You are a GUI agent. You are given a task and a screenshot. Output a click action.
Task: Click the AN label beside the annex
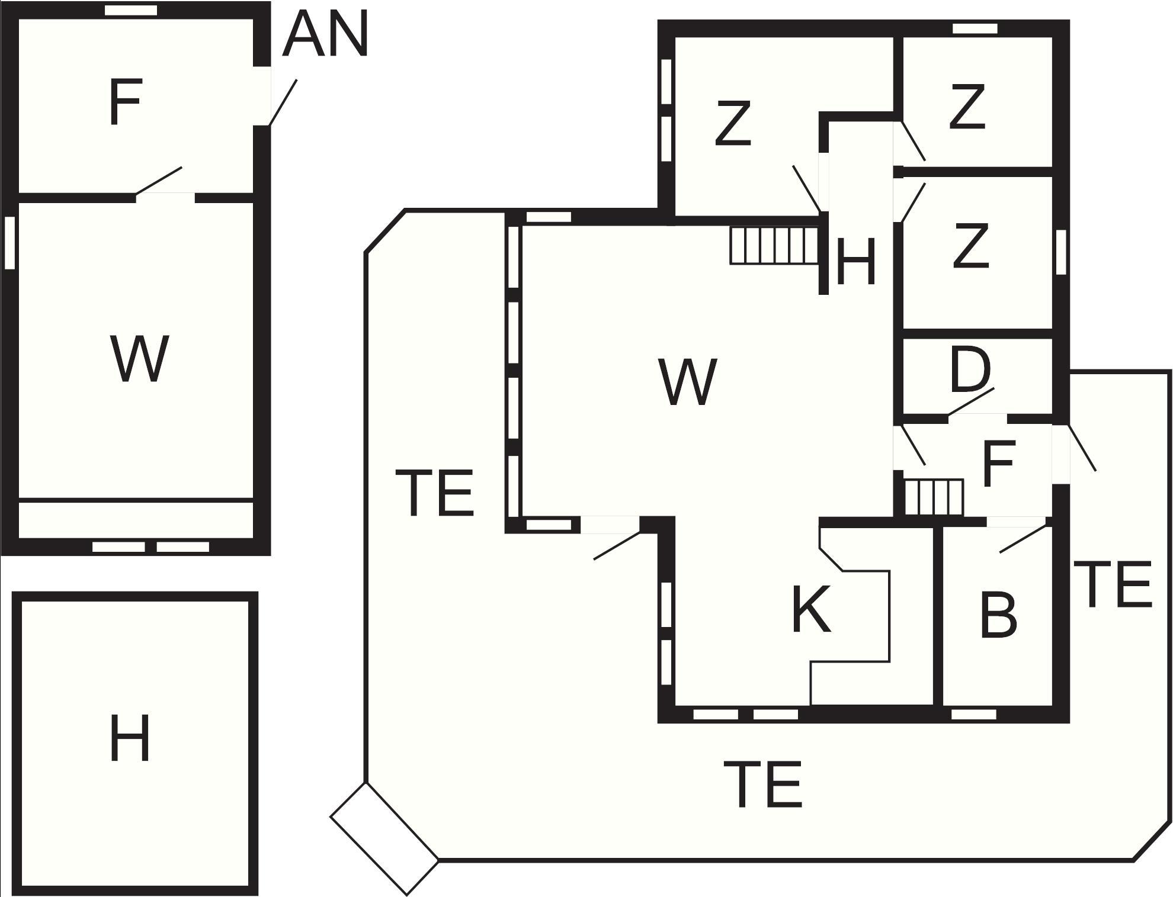click(x=326, y=35)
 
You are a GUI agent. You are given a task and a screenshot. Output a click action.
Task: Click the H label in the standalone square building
click(x=130, y=738)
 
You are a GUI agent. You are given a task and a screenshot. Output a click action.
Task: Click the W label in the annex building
click(x=140, y=359)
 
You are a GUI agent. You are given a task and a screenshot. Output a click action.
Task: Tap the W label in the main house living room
click(x=688, y=382)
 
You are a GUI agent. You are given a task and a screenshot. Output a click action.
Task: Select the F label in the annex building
click(x=125, y=103)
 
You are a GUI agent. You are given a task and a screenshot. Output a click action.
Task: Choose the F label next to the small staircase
click(x=999, y=463)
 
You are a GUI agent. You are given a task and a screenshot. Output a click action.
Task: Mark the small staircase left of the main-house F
click(x=934, y=497)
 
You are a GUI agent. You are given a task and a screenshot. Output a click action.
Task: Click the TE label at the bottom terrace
click(x=763, y=785)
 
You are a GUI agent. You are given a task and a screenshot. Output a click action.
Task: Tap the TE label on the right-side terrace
click(x=1113, y=585)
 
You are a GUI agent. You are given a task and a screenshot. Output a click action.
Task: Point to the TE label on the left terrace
click(x=434, y=493)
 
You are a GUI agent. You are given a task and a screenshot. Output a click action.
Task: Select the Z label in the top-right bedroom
click(x=967, y=107)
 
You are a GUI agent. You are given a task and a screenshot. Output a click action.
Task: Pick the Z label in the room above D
click(x=971, y=245)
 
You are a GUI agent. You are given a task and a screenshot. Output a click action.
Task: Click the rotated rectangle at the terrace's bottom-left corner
click(x=384, y=838)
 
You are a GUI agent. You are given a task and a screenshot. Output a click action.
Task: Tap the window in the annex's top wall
click(x=131, y=10)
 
